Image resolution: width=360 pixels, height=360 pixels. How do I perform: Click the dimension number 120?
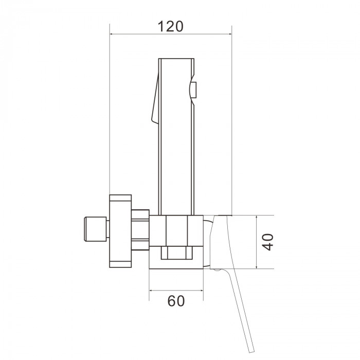pyautogui.click(x=170, y=26)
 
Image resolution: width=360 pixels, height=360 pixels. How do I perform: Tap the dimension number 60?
pyautogui.click(x=176, y=301)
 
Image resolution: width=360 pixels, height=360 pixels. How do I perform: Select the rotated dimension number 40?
pyautogui.click(x=268, y=242)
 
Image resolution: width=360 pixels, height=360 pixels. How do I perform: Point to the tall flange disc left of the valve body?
pyautogui.click(x=120, y=231)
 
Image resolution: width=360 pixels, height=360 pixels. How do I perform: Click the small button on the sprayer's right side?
pyautogui.click(x=194, y=90)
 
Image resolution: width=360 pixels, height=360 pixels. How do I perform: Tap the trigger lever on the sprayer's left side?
pyautogui.click(x=155, y=99)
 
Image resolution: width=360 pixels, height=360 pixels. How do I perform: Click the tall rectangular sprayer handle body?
pyautogui.click(x=176, y=137)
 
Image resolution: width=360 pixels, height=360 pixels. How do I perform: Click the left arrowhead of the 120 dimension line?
pyautogui.click(x=112, y=34)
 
